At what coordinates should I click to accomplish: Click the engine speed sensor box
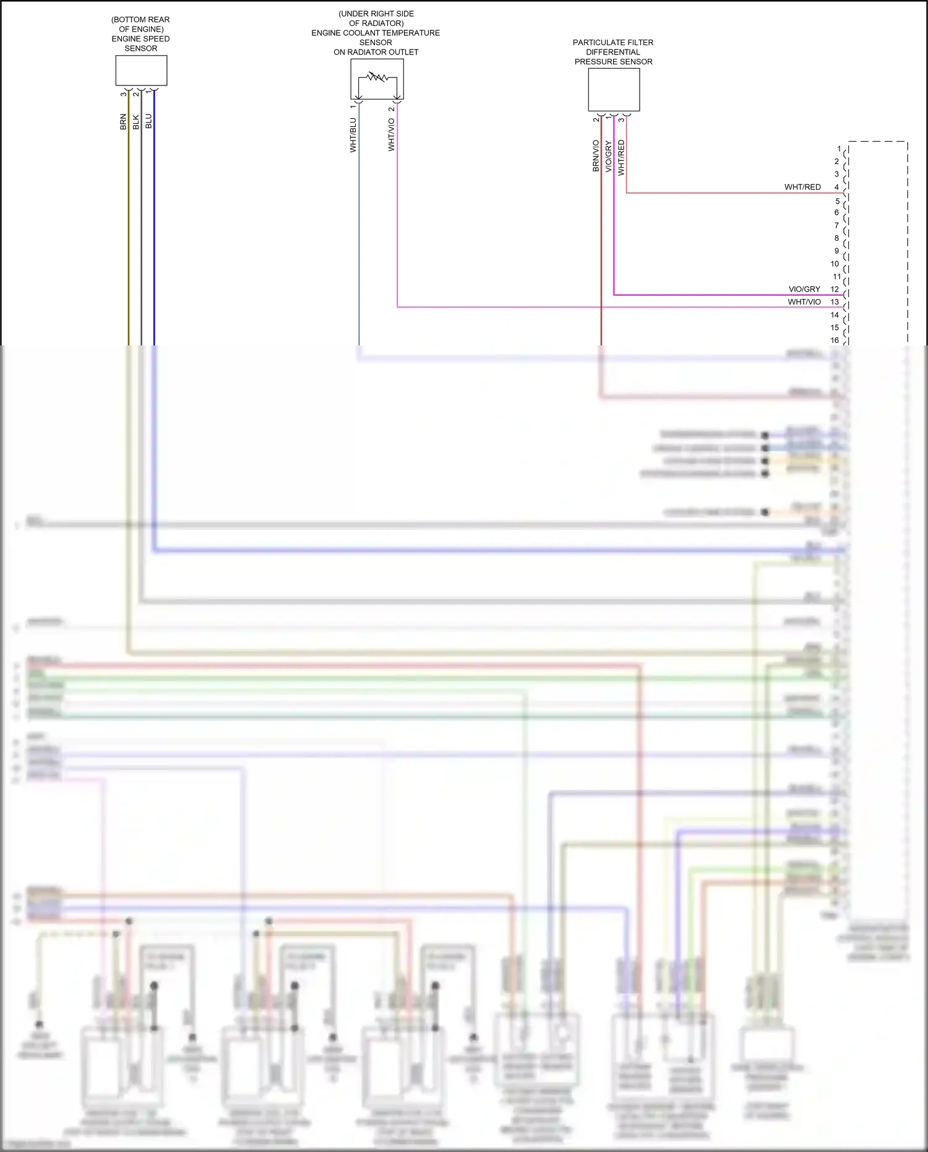[141, 71]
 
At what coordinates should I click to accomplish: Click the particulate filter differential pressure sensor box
[614, 90]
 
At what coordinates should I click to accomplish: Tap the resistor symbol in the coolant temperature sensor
[377, 78]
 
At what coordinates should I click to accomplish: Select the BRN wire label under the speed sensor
[123, 121]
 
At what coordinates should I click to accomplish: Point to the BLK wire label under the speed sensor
[136, 122]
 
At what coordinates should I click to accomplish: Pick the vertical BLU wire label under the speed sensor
[148, 121]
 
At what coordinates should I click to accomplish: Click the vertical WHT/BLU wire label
[353, 135]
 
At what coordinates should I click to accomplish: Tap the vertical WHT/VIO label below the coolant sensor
[392, 135]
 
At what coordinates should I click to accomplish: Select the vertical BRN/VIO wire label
[596, 155]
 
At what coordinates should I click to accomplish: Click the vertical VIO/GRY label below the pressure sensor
[609, 156]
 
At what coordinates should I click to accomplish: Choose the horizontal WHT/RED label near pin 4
[802, 187]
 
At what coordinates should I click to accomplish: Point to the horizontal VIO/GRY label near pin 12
[804, 289]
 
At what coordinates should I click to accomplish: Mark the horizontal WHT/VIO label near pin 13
[804, 302]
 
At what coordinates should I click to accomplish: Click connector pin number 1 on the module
[839, 149]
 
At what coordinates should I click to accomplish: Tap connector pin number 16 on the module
[835, 340]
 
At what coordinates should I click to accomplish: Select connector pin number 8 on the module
[836, 238]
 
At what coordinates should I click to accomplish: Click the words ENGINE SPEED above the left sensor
[140, 39]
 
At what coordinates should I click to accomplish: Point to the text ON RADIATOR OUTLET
[376, 52]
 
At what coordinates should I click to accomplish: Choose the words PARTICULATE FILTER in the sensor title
[613, 43]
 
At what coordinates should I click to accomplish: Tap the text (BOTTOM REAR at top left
[140, 20]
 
